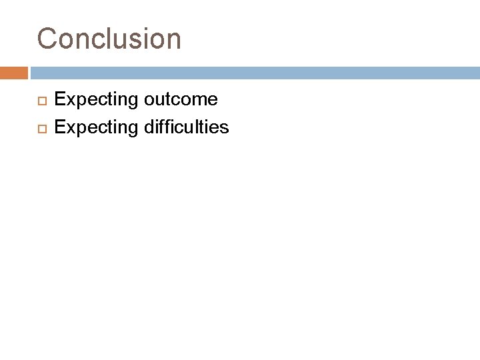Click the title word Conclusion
(109, 39)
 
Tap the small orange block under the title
(14, 73)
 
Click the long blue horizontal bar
(254, 73)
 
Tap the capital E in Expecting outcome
(60, 99)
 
